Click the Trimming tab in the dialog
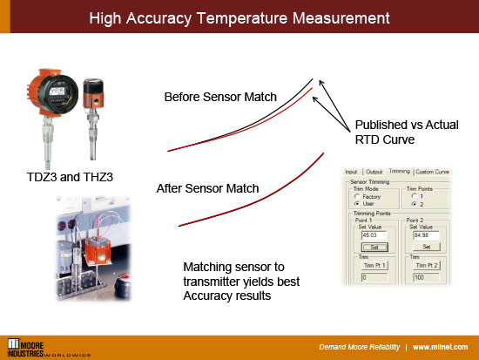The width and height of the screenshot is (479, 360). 399,172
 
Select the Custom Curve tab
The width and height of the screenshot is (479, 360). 431,172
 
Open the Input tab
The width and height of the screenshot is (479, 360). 352,172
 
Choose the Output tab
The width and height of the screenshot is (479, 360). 374,172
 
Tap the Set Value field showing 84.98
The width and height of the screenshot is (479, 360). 423,234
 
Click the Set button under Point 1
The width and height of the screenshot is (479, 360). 370,247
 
